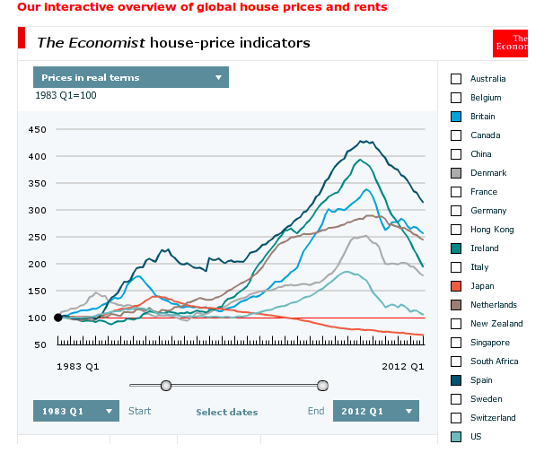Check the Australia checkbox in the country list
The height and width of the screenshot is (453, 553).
pyautogui.click(x=456, y=79)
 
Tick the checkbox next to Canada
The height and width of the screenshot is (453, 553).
pyautogui.click(x=456, y=135)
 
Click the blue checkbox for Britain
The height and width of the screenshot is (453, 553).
pyautogui.click(x=456, y=117)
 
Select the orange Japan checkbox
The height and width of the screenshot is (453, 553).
pyautogui.click(x=456, y=286)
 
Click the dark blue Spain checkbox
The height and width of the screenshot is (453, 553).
pyautogui.click(x=456, y=380)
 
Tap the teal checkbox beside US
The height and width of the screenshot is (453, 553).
pyautogui.click(x=456, y=437)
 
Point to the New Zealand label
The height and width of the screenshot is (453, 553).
pyautogui.click(x=496, y=324)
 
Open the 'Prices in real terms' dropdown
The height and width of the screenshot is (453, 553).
pyautogui.click(x=131, y=77)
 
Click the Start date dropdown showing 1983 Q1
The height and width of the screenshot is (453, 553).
pyautogui.click(x=76, y=411)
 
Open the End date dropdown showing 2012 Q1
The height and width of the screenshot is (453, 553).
pyautogui.click(x=375, y=411)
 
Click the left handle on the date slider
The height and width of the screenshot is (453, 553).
pyautogui.click(x=166, y=386)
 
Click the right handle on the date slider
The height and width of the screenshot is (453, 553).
pyautogui.click(x=322, y=386)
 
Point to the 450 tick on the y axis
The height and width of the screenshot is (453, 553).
pyautogui.click(x=37, y=129)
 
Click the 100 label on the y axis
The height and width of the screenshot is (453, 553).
pyautogui.click(x=37, y=318)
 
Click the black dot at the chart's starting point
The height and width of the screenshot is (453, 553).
pyautogui.click(x=58, y=317)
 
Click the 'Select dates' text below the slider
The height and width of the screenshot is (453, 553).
pyautogui.click(x=227, y=413)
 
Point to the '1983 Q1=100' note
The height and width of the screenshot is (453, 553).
pyautogui.click(x=66, y=95)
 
